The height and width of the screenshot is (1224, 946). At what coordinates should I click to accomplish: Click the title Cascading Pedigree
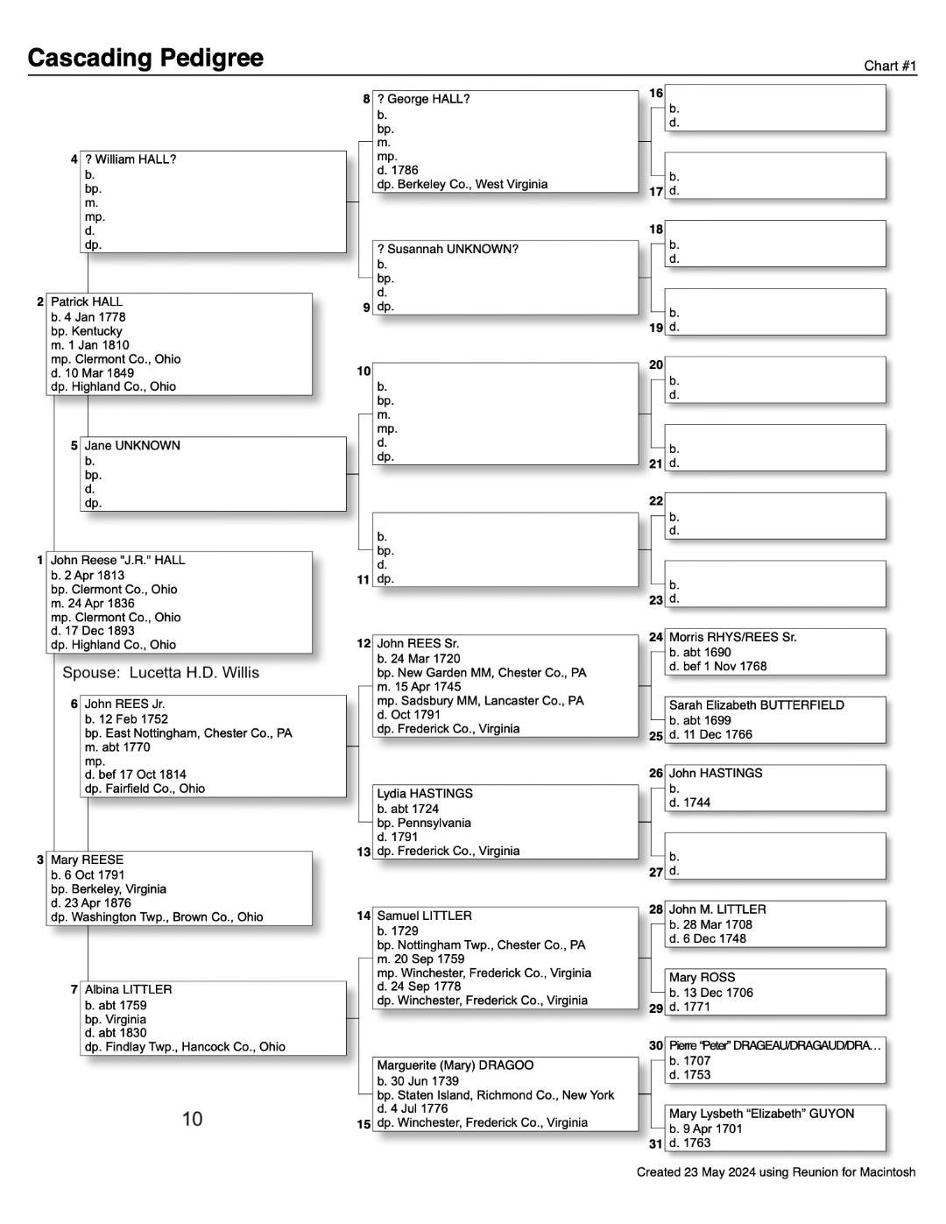pyautogui.click(x=145, y=58)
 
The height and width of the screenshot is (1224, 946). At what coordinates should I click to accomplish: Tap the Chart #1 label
pyautogui.click(x=890, y=67)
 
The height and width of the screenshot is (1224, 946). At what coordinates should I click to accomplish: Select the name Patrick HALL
pyautogui.click(x=87, y=302)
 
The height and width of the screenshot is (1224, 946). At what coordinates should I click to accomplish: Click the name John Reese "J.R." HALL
pyautogui.click(x=118, y=561)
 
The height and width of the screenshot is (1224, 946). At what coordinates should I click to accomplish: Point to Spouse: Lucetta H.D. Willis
pyautogui.click(x=161, y=673)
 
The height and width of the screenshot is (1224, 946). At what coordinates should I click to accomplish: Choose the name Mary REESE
pyautogui.click(x=87, y=860)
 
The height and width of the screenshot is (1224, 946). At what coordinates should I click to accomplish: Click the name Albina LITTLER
pyautogui.click(x=128, y=990)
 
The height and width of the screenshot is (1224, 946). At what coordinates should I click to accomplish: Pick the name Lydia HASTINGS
pyautogui.click(x=425, y=794)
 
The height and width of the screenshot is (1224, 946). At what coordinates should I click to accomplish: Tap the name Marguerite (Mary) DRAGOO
pyautogui.click(x=455, y=1066)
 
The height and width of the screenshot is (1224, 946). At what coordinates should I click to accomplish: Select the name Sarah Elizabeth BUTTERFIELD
pyautogui.click(x=757, y=705)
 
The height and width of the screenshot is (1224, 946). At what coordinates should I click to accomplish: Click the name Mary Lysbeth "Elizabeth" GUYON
pyautogui.click(x=762, y=1114)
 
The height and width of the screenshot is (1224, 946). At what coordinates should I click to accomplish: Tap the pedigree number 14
pyautogui.click(x=364, y=916)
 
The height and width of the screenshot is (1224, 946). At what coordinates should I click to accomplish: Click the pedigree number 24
pyautogui.click(x=656, y=638)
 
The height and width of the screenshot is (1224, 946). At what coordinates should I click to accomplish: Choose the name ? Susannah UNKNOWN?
pyautogui.click(x=448, y=250)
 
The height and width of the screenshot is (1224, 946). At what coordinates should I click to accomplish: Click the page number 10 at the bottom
pyautogui.click(x=192, y=1119)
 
